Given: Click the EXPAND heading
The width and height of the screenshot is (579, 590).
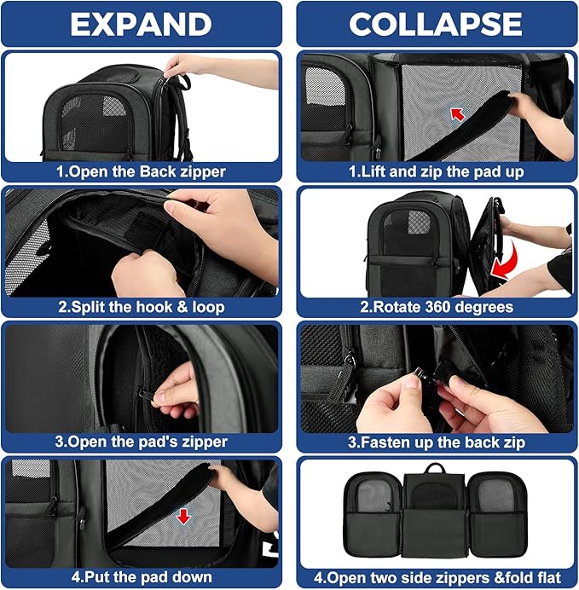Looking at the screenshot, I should point(142,24).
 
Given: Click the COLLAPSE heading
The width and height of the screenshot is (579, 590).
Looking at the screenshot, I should point(436,24).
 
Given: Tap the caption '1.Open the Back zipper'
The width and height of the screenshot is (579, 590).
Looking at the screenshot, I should point(142,171).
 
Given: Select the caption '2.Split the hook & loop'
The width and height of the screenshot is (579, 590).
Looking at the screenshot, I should point(142,307).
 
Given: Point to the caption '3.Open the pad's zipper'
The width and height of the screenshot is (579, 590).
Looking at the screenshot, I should point(142,442).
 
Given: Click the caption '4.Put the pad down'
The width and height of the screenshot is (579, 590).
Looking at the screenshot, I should point(142,576).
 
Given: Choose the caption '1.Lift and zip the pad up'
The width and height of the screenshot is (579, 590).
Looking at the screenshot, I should point(436,171).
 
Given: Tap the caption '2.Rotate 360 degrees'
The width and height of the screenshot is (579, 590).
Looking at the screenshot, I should point(436,307).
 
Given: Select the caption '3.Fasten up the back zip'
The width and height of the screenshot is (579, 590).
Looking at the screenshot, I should point(436,442).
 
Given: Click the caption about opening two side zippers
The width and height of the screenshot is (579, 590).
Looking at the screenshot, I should point(436,576).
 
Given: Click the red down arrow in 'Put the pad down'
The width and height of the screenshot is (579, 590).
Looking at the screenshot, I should point(182,518).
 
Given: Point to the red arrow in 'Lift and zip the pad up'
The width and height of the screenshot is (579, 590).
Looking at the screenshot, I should point(459,113).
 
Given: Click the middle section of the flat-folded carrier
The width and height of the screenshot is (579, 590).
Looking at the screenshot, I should point(436,512).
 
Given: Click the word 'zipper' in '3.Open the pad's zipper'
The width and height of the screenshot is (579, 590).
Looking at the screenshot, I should point(202,442).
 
